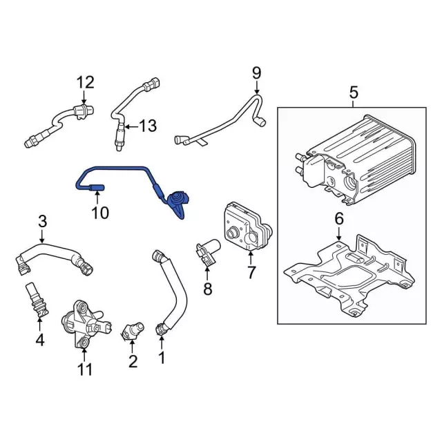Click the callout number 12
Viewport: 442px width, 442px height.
[x=86, y=83]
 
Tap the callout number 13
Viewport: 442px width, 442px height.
[x=148, y=126]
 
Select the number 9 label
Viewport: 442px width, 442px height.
[x=257, y=73]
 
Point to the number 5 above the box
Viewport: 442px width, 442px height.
[x=354, y=93]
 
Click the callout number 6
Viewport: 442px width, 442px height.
[x=339, y=219]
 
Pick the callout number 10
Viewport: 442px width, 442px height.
[x=101, y=213]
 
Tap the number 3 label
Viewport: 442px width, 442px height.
[x=42, y=222]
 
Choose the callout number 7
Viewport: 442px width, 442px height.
[x=251, y=272]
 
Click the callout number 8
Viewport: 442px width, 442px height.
[x=208, y=289]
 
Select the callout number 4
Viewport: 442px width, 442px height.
[x=40, y=340]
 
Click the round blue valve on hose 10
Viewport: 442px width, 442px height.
[x=177, y=198]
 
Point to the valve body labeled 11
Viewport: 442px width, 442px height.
[x=85, y=325]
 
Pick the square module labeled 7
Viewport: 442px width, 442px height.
[x=247, y=226]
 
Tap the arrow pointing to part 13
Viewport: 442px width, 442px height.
[x=131, y=126]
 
